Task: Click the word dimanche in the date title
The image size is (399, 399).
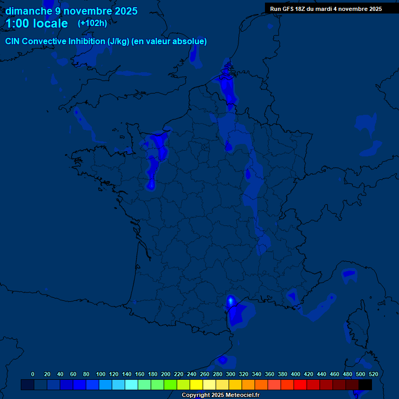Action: [29, 11]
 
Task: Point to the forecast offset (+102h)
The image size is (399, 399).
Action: [92, 23]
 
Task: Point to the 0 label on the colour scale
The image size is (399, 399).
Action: [33, 374]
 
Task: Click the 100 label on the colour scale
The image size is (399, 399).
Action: [101, 374]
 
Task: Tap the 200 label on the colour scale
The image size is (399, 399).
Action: [166, 374]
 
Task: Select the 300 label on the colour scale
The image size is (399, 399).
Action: [231, 374]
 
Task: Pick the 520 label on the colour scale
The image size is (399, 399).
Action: [373, 374]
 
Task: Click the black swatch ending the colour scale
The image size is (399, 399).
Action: [365, 385]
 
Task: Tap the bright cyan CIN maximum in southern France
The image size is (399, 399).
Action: [231, 300]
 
